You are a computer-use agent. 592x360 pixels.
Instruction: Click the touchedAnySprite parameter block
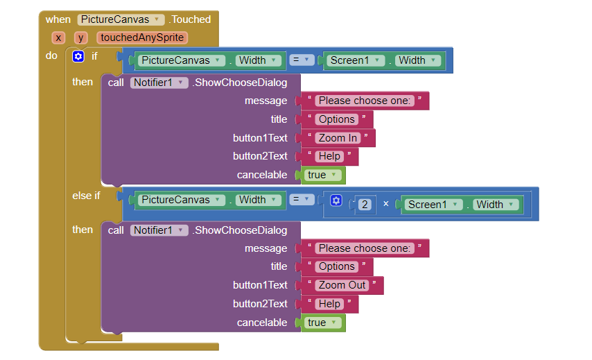click(142, 37)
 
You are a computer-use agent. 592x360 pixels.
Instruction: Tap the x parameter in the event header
click(58, 37)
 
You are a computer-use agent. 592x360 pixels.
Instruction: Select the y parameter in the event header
click(80, 37)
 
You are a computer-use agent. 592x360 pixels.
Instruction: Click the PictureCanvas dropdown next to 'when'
click(121, 19)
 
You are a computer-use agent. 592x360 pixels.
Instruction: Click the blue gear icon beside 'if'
click(78, 56)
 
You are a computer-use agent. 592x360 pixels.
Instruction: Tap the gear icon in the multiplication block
click(336, 200)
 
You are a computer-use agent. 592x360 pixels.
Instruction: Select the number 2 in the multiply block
click(365, 205)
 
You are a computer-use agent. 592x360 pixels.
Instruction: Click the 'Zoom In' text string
click(338, 138)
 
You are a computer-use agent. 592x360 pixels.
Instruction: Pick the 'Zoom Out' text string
click(342, 285)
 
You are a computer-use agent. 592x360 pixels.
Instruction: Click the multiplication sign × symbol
click(386, 204)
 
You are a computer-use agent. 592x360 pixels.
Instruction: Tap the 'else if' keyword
click(86, 196)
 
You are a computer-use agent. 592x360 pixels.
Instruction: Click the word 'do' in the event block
click(51, 55)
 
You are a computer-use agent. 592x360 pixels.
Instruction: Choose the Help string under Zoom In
click(329, 156)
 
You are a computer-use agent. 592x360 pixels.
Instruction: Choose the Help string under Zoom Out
click(329, 304)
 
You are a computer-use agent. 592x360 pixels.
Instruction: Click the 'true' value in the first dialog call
click(323, 175)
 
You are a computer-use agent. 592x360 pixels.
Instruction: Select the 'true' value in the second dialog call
click(323, 323)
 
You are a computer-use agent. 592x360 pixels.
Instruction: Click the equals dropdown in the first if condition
click(302, 60)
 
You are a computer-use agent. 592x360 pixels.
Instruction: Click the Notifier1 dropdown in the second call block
click(159, 230)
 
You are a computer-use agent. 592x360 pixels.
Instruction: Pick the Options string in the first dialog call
click(336, 119)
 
